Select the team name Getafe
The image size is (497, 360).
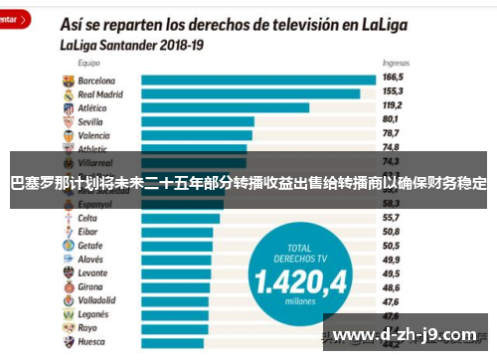(x=90, y=245)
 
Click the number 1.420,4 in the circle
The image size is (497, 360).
(x=298, y=281)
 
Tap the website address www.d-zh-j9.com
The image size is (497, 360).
(x=407, y=332)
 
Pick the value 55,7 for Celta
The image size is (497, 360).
(x=391, y=217)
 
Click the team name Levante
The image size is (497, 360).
(x=92, y=271)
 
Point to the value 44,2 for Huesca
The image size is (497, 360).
(x=391, y=341)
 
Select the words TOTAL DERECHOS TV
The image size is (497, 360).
(x=298, y=252)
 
